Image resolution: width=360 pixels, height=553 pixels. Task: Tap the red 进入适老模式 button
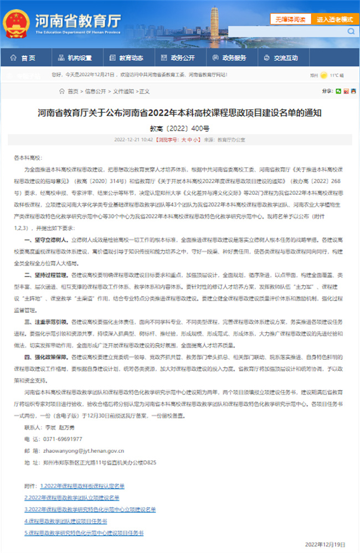coord(335,19)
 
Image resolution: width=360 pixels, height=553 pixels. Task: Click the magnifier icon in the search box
coord(350,32)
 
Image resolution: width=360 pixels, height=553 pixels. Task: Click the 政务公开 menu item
coord(178,58)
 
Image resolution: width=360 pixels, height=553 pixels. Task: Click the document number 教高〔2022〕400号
coord(179,128)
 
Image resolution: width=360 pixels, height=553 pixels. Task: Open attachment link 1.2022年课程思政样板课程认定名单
coord(82,486)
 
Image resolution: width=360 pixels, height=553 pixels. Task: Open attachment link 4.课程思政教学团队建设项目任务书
coord(66,521)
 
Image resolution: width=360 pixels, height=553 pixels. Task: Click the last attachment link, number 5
coord(84,533)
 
